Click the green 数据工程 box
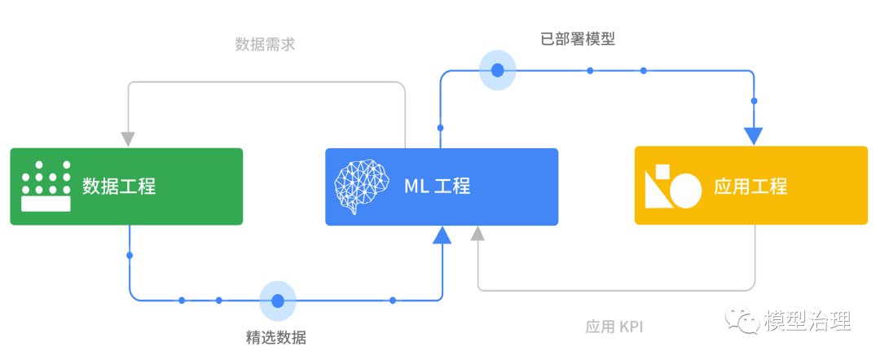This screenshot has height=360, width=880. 126,187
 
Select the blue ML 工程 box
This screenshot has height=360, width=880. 441,187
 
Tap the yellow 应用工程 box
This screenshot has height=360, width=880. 750,187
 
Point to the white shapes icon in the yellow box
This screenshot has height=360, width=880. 672,187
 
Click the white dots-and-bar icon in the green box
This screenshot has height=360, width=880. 46,187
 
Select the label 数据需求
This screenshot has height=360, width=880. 265,44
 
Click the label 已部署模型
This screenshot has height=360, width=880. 578,38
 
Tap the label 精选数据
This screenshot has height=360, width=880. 276,336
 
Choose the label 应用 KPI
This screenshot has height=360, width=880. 614,327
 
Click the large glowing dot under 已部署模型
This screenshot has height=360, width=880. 498,70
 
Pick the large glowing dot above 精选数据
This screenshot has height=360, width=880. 278,301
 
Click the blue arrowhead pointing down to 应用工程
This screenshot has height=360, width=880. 754,136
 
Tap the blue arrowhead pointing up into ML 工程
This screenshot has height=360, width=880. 442,235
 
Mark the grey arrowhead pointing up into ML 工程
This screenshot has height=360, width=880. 478,234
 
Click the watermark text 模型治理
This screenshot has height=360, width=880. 807,320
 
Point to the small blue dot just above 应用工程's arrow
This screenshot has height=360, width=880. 754,101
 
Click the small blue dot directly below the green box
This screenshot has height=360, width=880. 130,256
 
